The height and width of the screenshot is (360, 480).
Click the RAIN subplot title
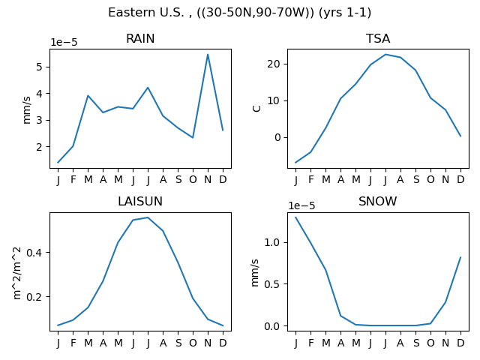click(140, 38)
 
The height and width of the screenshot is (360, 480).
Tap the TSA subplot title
click(378, 38)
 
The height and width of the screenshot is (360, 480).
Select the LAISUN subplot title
click(140, 202)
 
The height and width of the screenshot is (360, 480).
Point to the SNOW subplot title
click(378, 202)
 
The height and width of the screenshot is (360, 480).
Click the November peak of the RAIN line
click(208, 55)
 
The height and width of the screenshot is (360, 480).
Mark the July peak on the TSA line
click(385, 55)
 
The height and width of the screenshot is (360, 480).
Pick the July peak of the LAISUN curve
click(148, 217)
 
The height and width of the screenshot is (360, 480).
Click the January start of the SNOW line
click(295, 217)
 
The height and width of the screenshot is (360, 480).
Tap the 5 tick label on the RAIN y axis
click(39, 67)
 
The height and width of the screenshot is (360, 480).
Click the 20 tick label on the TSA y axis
click(273, 64)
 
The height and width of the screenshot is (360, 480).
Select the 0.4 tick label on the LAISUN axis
click(34, 253)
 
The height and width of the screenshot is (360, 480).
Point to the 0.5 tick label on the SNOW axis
click(271, 284)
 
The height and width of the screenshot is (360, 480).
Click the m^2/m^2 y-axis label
click(17, 273)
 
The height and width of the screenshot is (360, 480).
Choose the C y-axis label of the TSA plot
click(256, 109)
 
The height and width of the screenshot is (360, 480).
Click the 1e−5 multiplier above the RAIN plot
click(64, 42)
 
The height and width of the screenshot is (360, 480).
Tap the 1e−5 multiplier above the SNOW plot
click(301, 205)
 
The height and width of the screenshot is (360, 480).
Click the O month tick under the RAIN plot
click(193, 179)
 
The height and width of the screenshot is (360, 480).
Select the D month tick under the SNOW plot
click(460, 343)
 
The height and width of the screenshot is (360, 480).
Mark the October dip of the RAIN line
click(193, 137)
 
